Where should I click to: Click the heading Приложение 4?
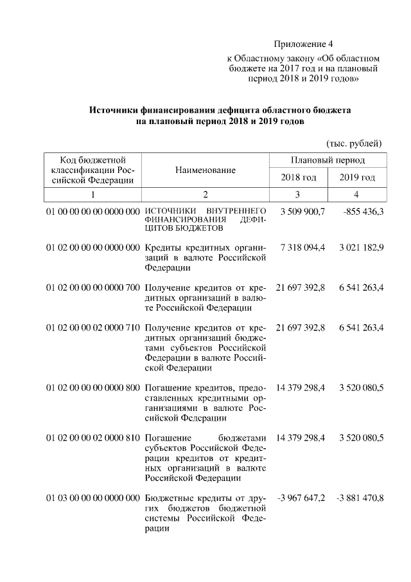click(304, 44)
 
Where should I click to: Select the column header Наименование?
click(205, 170)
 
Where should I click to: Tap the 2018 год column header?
click(299, 177)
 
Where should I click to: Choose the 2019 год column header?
click(358, 177)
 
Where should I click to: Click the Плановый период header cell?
click(328, 159)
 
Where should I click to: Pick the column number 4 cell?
click(357, 194)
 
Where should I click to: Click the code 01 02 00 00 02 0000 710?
click(93, 328)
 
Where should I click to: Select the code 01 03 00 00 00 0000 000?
click(93, 498)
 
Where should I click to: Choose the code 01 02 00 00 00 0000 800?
click(93, 389)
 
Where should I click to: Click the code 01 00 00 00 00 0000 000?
click(93, 212)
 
